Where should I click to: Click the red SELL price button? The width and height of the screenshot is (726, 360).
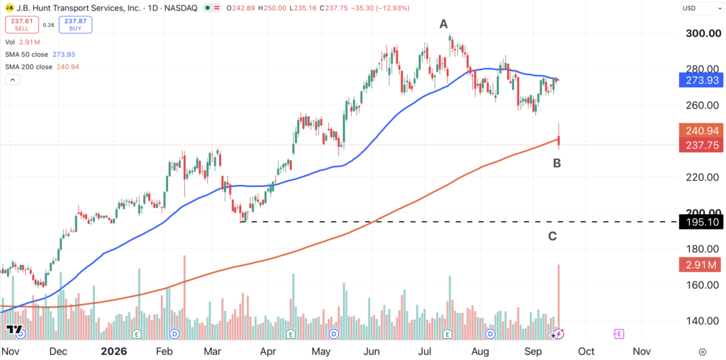(x=21, y=25)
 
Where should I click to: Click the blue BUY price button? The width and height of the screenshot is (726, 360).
(x=75, y=25)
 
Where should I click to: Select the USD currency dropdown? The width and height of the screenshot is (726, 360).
(x=700, y=8)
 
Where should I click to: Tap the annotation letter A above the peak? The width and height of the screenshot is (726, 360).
(x=444, y=25)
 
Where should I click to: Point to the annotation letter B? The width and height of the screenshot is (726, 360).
(x=557, y=163)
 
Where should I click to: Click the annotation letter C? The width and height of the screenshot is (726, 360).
(x=552, y=237)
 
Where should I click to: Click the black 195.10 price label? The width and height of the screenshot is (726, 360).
(x=700, y=222)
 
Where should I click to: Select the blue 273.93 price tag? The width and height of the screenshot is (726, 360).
(x=700, y=81)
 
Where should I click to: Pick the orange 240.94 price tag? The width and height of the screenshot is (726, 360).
(x=700, y=130)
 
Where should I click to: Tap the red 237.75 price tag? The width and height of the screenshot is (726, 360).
(x=700, y=145)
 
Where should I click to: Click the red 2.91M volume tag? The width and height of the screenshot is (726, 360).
(x=700, y=265)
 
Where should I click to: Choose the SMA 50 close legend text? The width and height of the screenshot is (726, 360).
(x=27, y=55)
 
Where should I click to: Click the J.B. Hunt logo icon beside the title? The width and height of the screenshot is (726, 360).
(x=10, y=8)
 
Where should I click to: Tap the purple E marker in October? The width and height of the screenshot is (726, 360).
(x=618, y=334)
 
